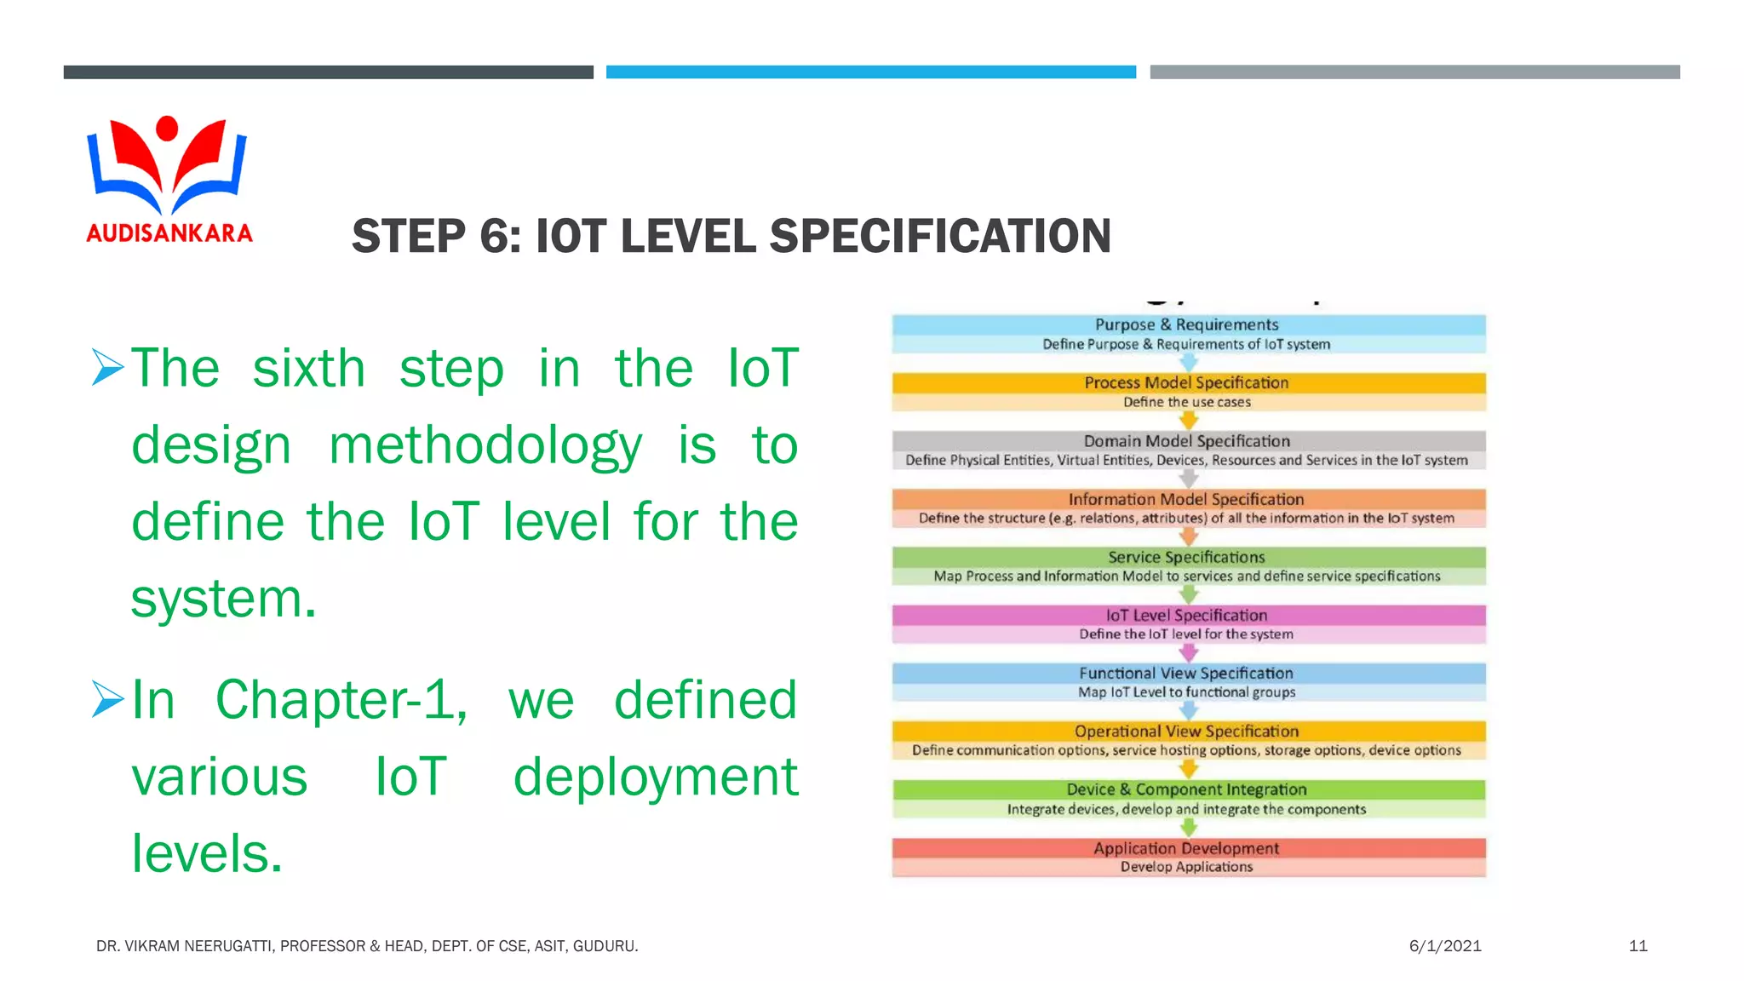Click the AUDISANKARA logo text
[169, 233]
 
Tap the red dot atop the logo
[168, 128]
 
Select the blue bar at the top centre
[870, 72]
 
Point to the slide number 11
[1638, 946]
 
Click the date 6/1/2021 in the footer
[1445, 946]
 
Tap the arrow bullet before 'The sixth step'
[108, 368]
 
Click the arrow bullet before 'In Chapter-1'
[108, 699]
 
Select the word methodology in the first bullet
[485, 445]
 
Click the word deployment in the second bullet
[656, 777]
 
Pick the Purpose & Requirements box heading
[1186, 324]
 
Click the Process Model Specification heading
[1186, 383]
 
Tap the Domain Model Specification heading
[1186, 441]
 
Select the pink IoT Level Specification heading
[1186, 615]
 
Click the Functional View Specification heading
[1186, 674]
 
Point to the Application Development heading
[1186, 848]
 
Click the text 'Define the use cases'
[1186, 402]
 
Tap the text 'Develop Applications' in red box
[1186, 867]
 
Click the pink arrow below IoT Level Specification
[1189, 653]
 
